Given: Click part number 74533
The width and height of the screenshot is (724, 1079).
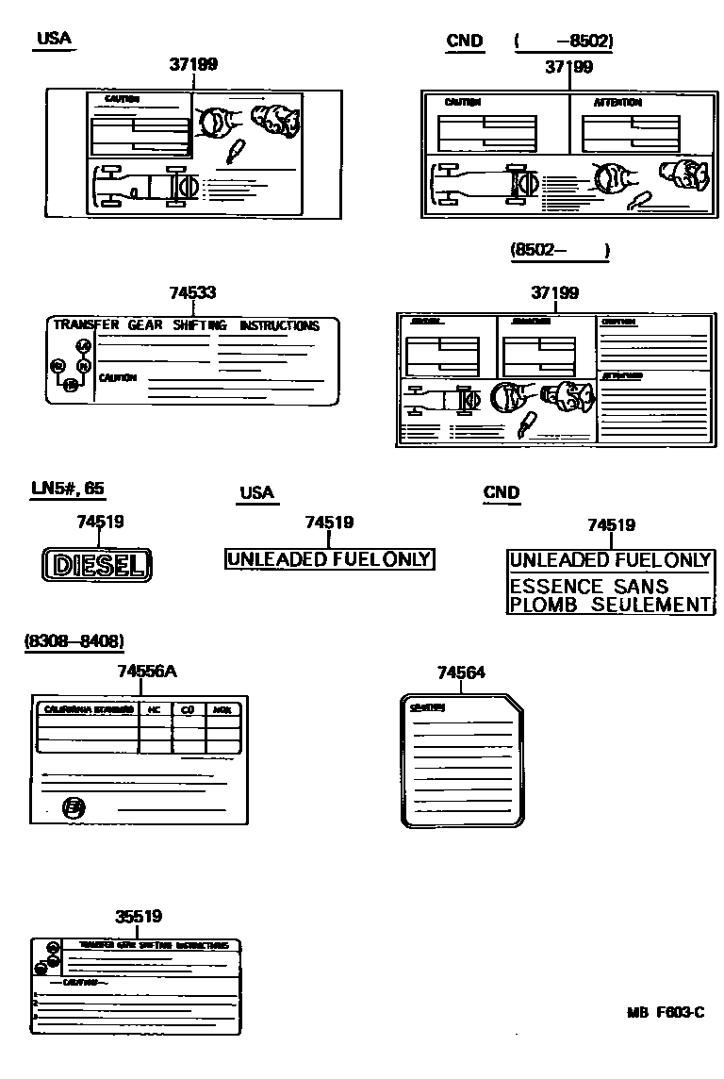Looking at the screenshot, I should [192, 293].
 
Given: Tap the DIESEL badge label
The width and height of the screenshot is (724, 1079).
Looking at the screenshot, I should [98, 565].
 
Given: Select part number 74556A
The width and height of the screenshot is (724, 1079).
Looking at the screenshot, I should [147, 672].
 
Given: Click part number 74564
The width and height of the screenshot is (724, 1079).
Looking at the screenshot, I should [461, 672].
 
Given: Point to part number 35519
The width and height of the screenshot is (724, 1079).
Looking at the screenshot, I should [139, 916].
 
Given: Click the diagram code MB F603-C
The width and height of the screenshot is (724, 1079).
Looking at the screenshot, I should [666, 1013].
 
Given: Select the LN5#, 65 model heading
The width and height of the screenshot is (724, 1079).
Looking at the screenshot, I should [68, 489].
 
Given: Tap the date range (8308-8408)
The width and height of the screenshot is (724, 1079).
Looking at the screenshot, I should [74, 641].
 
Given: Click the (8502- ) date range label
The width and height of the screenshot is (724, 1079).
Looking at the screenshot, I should [560, 251].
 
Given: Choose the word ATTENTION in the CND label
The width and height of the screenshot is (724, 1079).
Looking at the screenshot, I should [617, 102].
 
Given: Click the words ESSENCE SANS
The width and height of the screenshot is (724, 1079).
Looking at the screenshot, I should [588, 587].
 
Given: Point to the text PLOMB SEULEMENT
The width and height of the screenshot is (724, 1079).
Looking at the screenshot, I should [609, 606].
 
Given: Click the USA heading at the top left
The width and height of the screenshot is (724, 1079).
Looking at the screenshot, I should [54, 39].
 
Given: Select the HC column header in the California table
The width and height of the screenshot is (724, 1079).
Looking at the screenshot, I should [155, 709].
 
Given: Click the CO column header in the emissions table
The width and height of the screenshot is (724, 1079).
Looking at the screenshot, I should [188, 709].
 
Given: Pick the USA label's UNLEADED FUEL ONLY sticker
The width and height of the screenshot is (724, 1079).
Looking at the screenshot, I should [328, 559].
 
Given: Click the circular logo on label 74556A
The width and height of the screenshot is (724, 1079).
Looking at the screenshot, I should [73, 806].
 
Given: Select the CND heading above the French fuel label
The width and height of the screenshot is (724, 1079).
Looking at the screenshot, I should [501, 492].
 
